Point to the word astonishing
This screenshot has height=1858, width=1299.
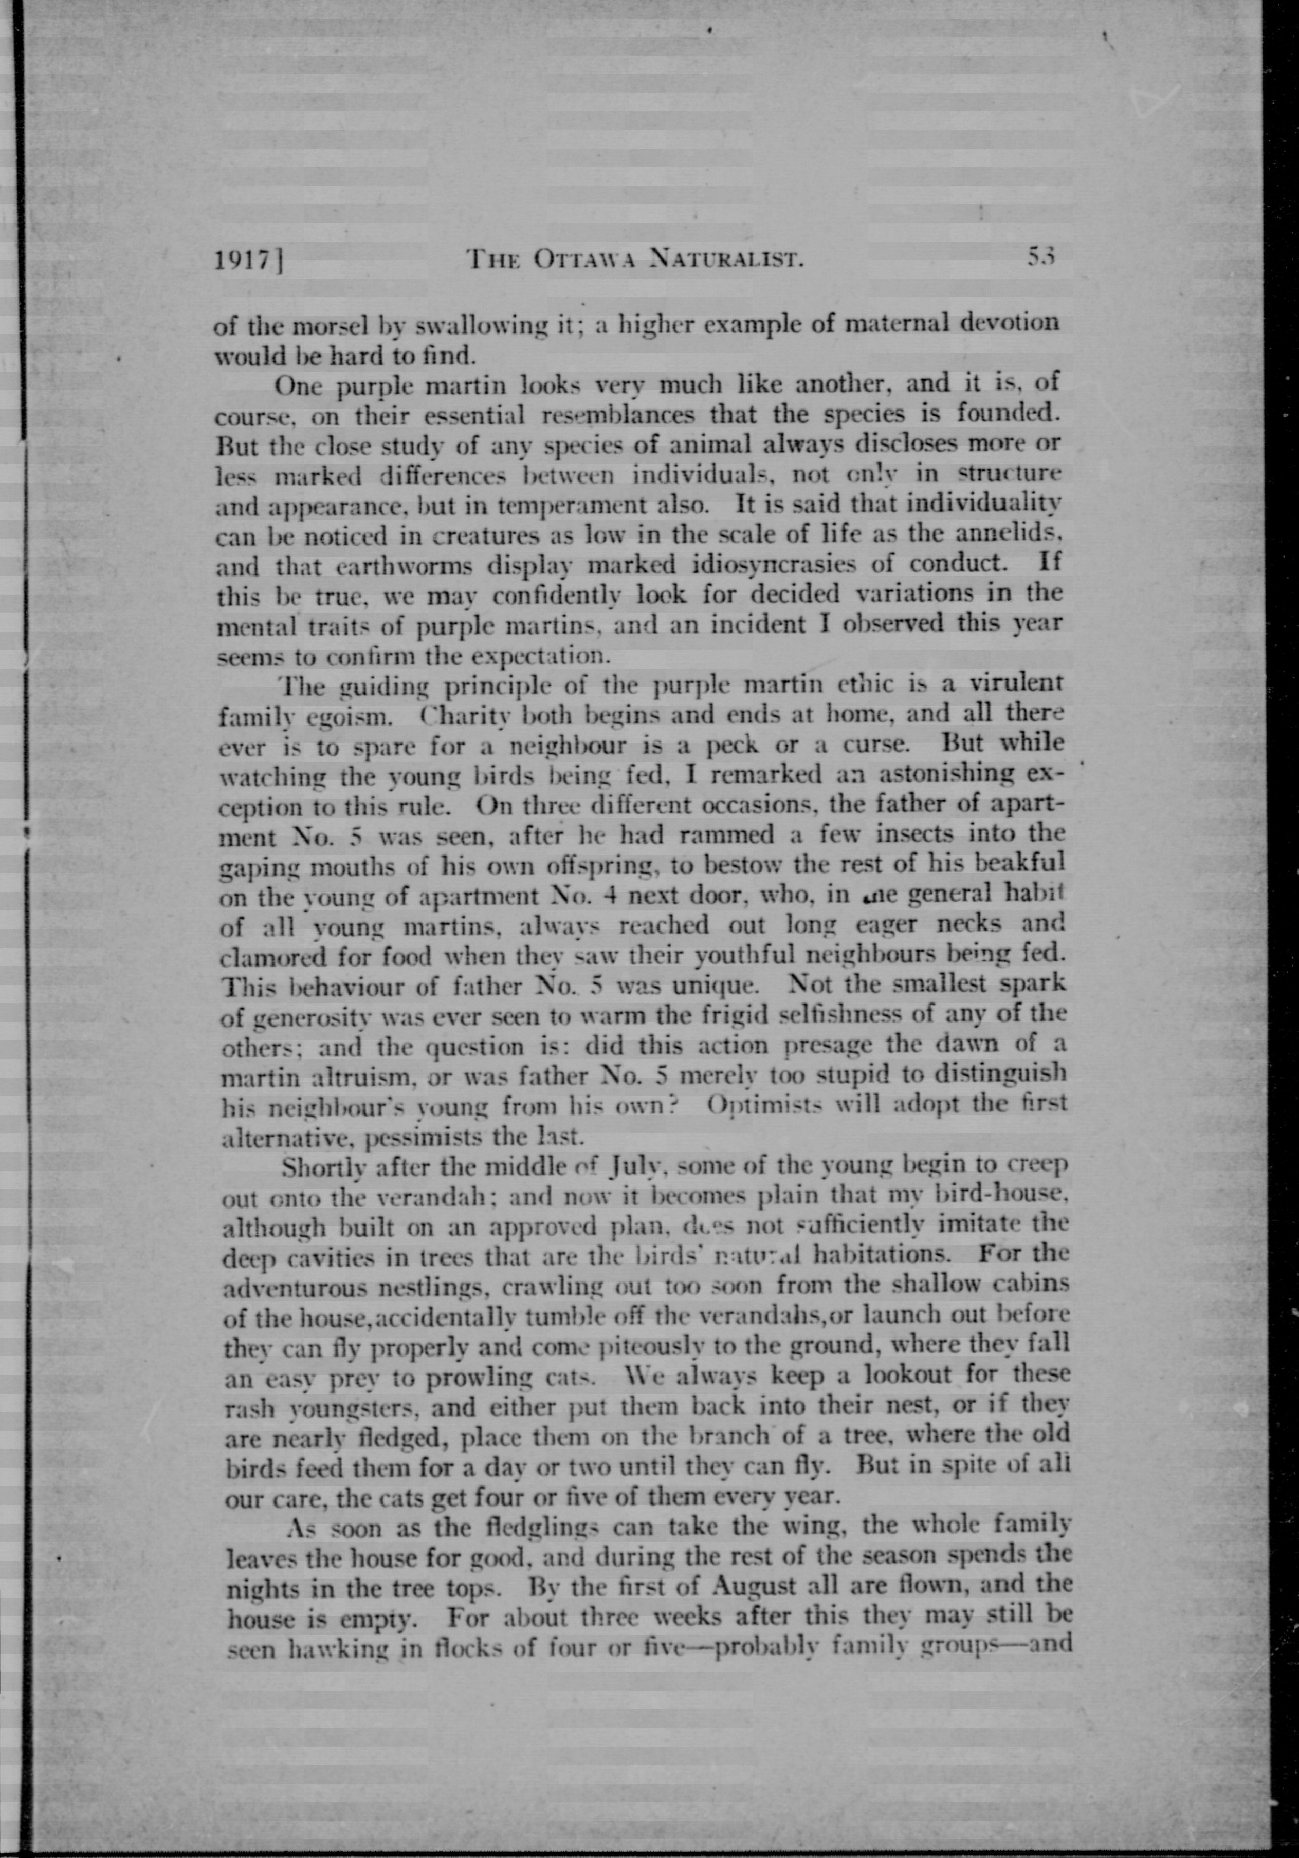tap(943, 774)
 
